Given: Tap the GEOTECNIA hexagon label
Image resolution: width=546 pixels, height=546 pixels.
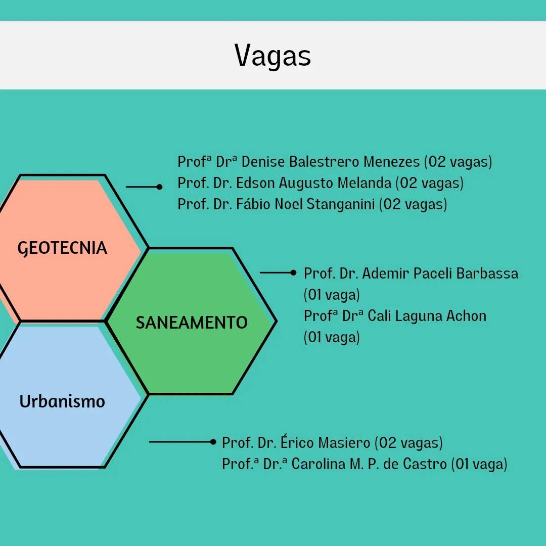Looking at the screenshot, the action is pos(62,248).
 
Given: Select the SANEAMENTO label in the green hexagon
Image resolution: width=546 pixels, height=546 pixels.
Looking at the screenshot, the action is pos(192,323).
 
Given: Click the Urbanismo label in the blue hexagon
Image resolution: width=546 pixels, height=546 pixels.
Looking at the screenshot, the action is pos(62,401).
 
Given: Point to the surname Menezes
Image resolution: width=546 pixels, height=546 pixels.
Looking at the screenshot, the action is pos(391,162).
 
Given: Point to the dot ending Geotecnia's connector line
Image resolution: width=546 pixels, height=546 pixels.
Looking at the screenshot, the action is pos(159,187).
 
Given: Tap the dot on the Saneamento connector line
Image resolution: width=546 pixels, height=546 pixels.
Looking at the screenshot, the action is pos(294,272).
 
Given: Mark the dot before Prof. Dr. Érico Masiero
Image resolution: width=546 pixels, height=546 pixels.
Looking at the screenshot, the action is pos(213,442).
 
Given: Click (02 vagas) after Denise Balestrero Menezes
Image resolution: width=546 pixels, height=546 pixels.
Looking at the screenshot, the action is pos(458,162).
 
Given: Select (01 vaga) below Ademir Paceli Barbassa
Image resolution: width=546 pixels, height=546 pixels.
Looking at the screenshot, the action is pos(332,295).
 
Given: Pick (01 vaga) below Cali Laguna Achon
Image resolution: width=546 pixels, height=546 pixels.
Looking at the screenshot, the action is pos(332,337).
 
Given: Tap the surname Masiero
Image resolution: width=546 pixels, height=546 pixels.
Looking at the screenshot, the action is pos(344,442).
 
